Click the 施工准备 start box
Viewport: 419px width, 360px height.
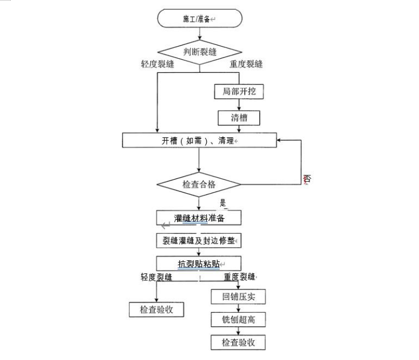click(199, 19)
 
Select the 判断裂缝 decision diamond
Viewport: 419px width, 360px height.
click(199, 52)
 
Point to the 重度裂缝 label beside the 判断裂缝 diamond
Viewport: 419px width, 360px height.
click(246, 64)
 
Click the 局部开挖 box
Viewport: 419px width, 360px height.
click(239, 92)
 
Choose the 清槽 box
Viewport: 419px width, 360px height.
click(239, 118)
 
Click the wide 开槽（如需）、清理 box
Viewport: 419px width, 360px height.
click(199, 140)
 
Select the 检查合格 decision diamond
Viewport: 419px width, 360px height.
click(199, 184)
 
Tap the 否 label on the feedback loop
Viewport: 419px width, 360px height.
click(307, 179)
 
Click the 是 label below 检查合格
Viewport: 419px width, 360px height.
click(223, 202)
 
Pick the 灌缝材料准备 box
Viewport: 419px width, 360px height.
click(199, 218)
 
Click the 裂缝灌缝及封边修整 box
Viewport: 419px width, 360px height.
click(199, 241)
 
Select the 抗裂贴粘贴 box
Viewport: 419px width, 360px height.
click(199, 264)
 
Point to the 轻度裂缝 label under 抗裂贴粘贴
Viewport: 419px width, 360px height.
click(157, 277)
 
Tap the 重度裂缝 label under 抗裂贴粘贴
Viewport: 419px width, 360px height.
click(239, 277)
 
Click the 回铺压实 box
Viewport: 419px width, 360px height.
click(239, 297)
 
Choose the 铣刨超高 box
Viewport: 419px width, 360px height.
click(239, 320)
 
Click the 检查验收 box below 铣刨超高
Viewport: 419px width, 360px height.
click(239, 342)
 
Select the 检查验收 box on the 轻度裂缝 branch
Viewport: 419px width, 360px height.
click(157, 309)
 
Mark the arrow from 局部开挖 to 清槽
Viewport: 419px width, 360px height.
click(239, 104)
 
